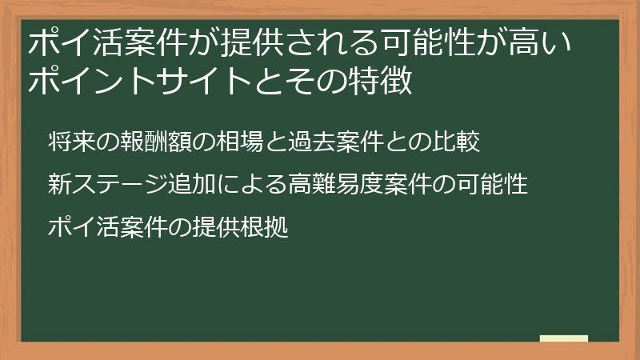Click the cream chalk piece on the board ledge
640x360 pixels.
click(563, 339)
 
